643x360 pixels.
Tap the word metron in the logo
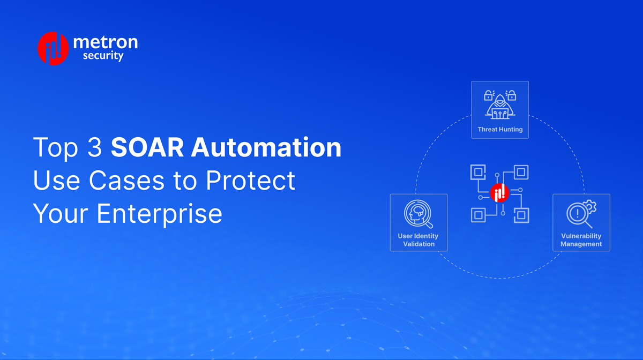[104, 42]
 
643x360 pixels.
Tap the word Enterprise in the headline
[159, 214]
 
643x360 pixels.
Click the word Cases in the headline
[128, 181]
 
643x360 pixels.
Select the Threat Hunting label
[500, 129]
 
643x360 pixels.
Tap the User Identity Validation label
[418, 240]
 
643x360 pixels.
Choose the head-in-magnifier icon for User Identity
[418, 214]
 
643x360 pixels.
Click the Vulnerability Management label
[581, 240]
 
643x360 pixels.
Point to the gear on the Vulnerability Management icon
[589, 206]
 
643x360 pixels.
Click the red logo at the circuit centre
[499, 193]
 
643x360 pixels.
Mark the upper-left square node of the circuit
[477, 172]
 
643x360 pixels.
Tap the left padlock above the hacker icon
[488, 96]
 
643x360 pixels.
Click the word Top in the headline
[52, 147]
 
